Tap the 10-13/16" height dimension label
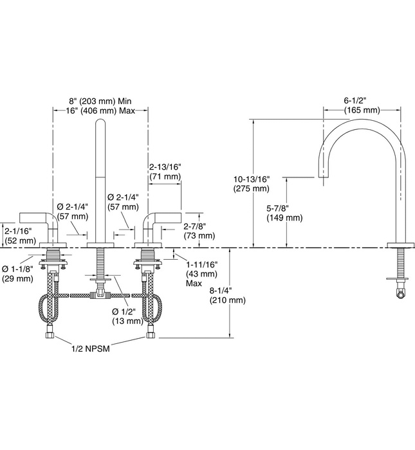pyautogui.click(x=252, y=179)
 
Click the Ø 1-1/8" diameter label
pyautogui.click(x=17, y=268)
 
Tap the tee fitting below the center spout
pyautogui.click(x=100, y=296)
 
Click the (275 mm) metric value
pyautogui.click(x=252, y=188)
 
